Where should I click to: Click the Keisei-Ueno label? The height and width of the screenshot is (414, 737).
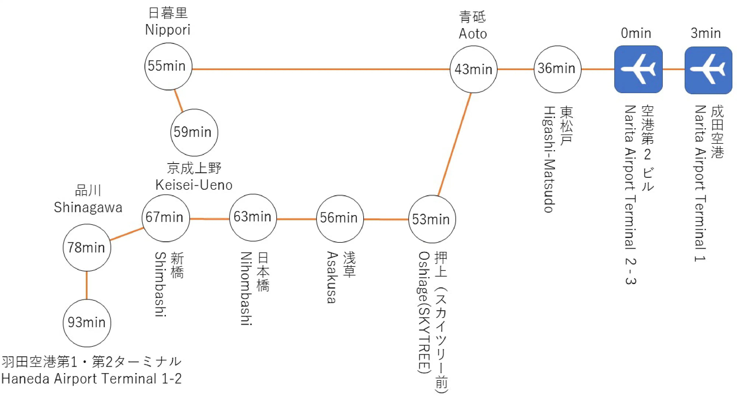point(194,185)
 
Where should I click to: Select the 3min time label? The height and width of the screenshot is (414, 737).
point(705,33)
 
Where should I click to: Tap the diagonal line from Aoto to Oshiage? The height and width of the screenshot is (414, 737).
point(454,144)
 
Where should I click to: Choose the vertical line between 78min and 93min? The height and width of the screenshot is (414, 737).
point(87,285)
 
